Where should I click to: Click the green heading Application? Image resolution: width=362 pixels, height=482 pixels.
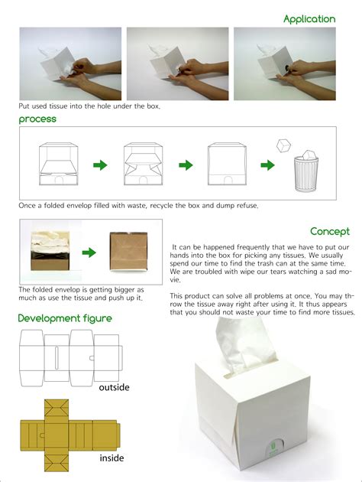click(x=309, y=18)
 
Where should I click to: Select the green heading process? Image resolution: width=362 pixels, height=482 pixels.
click(x=37, y=120)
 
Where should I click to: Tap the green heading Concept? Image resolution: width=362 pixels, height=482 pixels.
click(x=330, y=231)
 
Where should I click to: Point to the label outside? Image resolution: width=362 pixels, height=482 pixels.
click(x=115, y=387)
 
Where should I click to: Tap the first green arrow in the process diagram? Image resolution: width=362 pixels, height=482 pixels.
click(x=100, y=165)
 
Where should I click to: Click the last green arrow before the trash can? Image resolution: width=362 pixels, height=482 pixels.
click(x=268, y=165)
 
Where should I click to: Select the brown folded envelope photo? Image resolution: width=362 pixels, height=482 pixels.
click(x=129, y=252)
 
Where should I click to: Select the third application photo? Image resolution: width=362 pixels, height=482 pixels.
click(x=285, y=64)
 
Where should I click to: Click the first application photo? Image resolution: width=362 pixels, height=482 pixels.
click(x=70, y=64)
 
